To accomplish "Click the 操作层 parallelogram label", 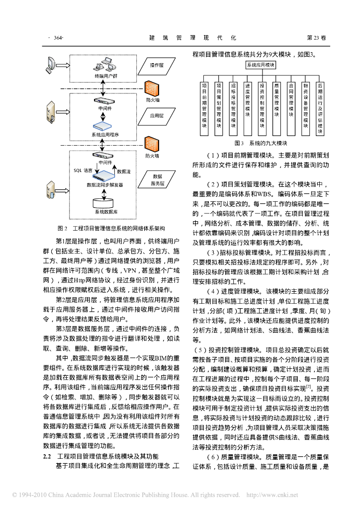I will (157, 65).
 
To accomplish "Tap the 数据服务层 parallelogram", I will (158, 179).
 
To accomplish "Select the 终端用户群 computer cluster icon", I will (106, 65).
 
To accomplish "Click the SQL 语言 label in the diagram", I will (83, 170).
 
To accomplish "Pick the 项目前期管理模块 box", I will (204, 107).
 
